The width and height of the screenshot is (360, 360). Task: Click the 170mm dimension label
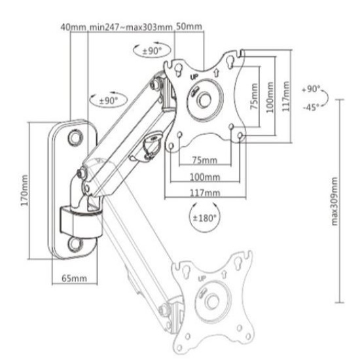pos(24,190)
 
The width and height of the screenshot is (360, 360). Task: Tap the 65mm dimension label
pos(75,278)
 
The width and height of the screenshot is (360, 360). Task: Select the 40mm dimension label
pos(73,27)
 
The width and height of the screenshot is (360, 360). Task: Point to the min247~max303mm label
pos(131,27)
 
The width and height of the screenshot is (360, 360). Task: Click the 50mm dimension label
pos(189,27)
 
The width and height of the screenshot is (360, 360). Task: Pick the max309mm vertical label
pos(334,202)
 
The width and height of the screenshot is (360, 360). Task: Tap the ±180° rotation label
pos(205,218)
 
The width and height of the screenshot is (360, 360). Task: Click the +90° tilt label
pos(311,89)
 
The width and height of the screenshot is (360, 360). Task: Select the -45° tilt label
pos(311,107)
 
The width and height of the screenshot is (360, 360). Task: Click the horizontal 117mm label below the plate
pos(205,192)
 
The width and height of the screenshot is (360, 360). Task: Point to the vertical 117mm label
pos(286,96)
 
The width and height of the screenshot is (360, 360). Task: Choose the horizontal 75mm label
pos(205,160)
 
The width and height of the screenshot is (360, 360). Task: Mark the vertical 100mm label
pos(270,97)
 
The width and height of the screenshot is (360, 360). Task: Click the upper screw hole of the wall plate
pos(75,137)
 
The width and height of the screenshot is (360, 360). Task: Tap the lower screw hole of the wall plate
pos(75,244)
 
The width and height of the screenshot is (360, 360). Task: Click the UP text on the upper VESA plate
pos(194,77)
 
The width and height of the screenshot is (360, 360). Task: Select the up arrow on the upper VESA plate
pos(216,73)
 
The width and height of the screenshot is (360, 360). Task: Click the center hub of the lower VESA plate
pos(212,301)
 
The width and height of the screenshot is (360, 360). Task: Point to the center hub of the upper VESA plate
pos(204,99)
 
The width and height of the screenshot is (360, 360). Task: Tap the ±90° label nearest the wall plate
pos(109,100)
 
